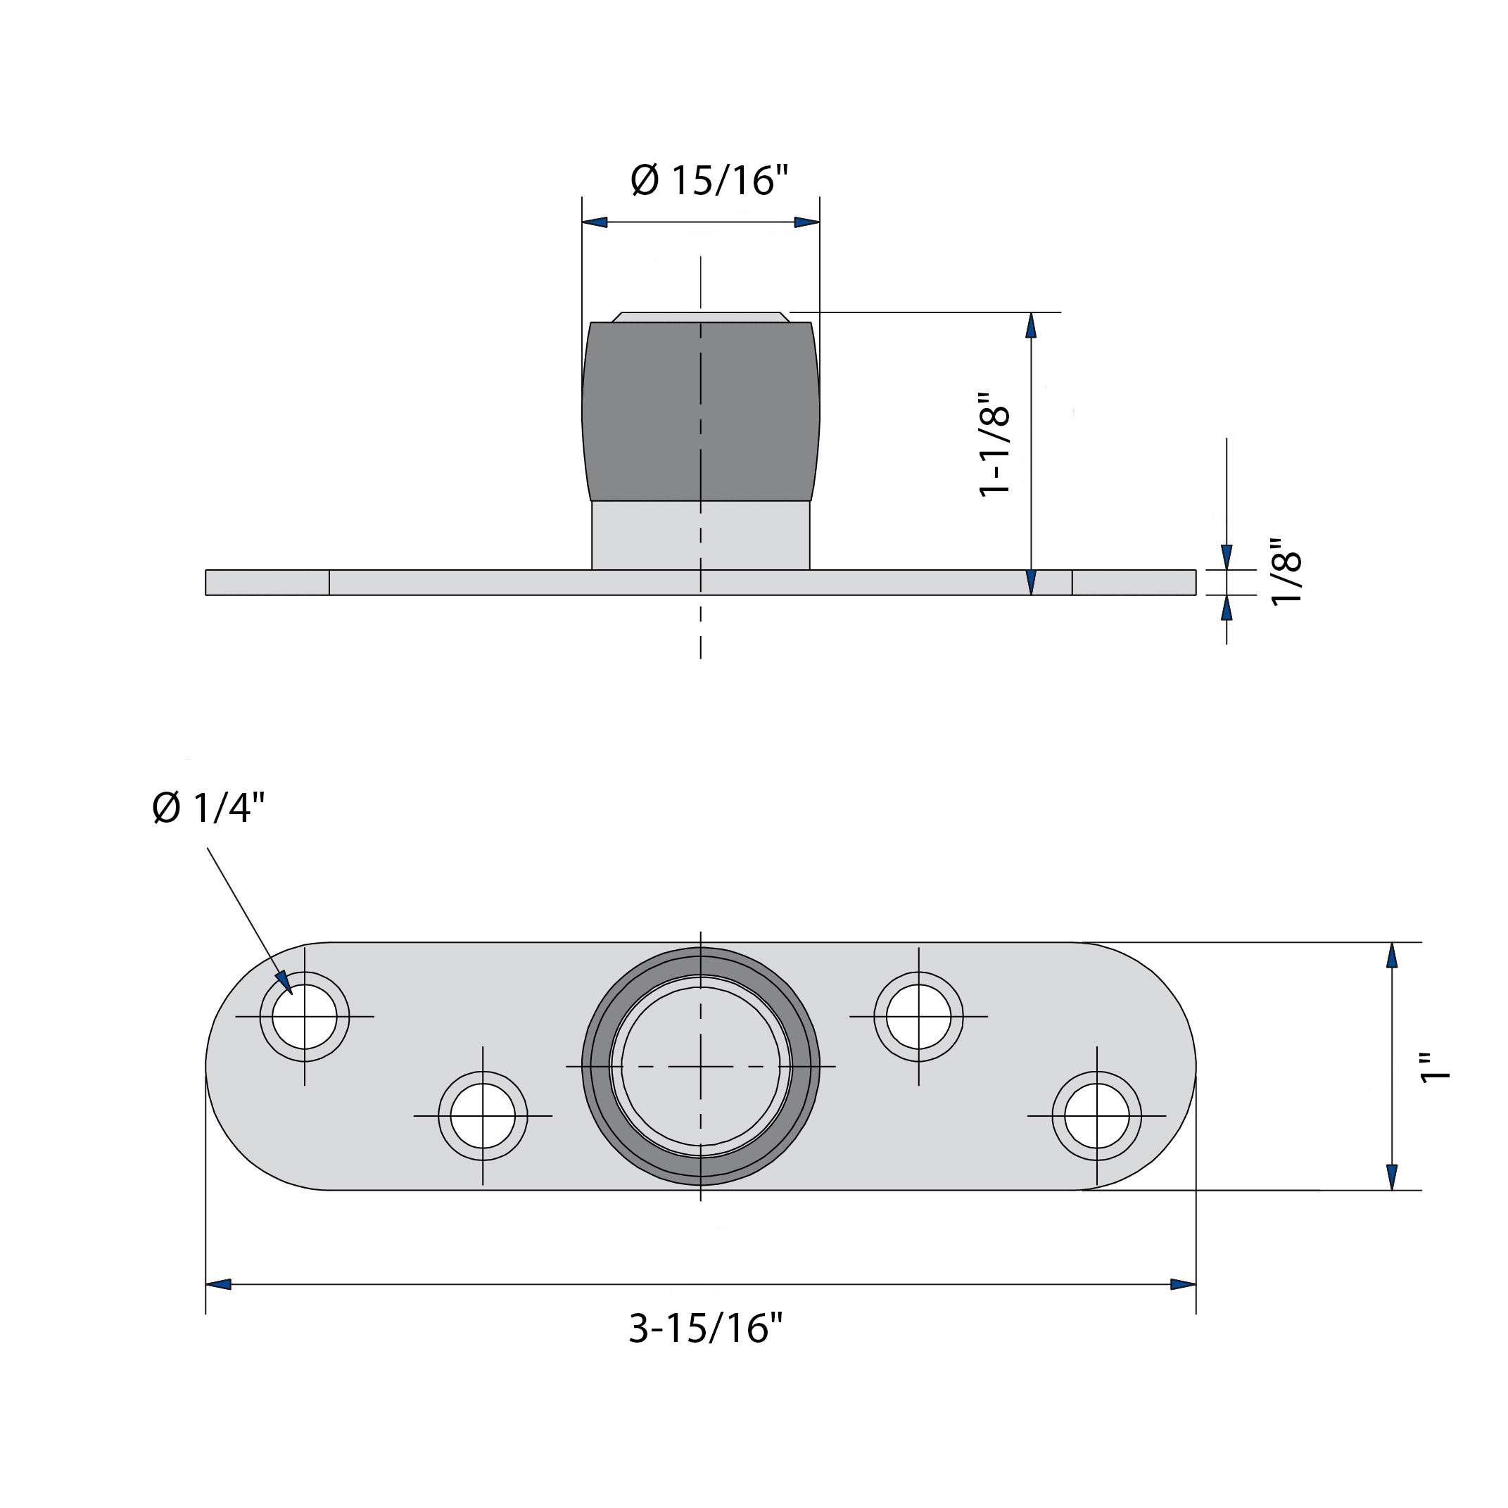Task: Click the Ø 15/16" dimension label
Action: click(709, 180)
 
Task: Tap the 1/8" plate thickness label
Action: click(1286, 571)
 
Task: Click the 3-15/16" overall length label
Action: click(705, 1328)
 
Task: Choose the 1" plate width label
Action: click(1435, 1067)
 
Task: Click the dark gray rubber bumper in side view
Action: click(700, 412)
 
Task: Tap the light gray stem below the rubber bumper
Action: click(700, 536)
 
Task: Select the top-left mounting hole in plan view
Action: click(305, 1017)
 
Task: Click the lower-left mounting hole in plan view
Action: click(483, 1116)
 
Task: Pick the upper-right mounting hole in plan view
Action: click(919, 1017)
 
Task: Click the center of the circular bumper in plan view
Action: click(700, 1066)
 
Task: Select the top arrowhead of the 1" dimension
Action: click(1391, 956)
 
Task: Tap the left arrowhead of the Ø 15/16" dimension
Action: click(595, 222)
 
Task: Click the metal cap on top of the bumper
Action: click(700, 317)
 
